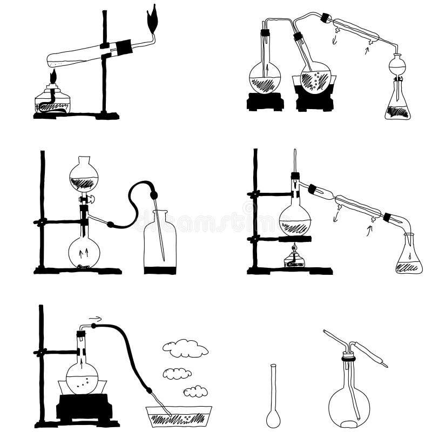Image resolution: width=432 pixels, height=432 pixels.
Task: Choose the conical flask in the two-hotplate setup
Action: [397, 105]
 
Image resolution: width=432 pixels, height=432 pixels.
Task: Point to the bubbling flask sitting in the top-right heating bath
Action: [315, 78]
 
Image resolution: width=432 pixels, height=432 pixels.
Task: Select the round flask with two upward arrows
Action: [84, 251]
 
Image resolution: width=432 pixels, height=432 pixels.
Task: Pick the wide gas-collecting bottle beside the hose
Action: [160, 246]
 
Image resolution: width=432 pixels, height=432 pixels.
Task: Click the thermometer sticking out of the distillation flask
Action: [295, 162]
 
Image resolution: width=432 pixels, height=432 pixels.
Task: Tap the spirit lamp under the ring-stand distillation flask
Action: [294, 258]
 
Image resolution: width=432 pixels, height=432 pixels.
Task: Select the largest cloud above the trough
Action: [185, 348]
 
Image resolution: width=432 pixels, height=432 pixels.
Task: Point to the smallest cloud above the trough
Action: [195, 391]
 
